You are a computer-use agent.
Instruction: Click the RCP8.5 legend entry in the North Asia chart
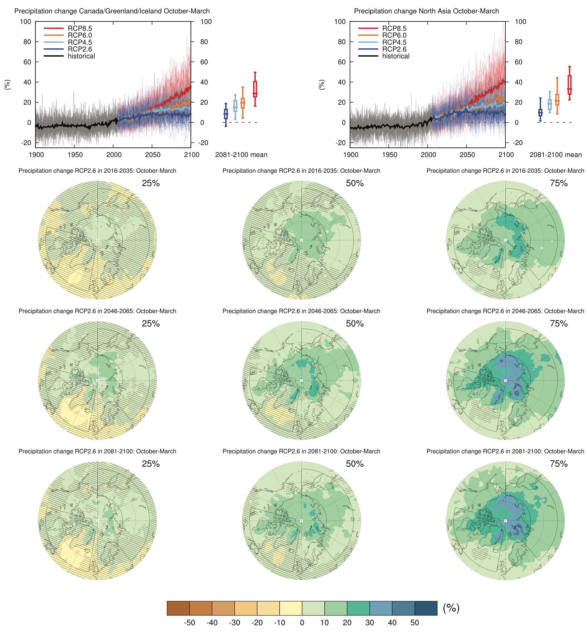coord(394,28)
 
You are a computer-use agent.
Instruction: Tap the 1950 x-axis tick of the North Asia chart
coord(389,155)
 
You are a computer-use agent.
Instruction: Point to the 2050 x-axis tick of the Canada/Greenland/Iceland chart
coord(153,155)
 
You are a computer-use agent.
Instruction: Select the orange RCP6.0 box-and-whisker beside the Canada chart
coord(243,103)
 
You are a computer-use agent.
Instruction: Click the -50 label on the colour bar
coord(189,623)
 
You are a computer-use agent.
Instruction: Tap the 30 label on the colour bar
coord(369,623)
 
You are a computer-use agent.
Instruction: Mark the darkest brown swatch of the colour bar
coord(178,608)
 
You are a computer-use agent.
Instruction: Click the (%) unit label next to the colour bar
coord(451,608)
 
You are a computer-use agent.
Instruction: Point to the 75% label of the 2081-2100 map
coord(558,464)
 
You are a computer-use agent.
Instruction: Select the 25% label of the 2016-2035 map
coord(151,183)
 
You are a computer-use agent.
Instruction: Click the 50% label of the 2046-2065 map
coord(355,323)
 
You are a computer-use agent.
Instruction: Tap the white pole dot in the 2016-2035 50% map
coord(301,240)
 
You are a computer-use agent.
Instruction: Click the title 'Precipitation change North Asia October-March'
coord(426,11)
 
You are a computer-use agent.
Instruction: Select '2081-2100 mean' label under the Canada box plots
coord(241,155)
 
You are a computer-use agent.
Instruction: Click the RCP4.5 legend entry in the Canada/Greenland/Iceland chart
coord(80,42)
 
